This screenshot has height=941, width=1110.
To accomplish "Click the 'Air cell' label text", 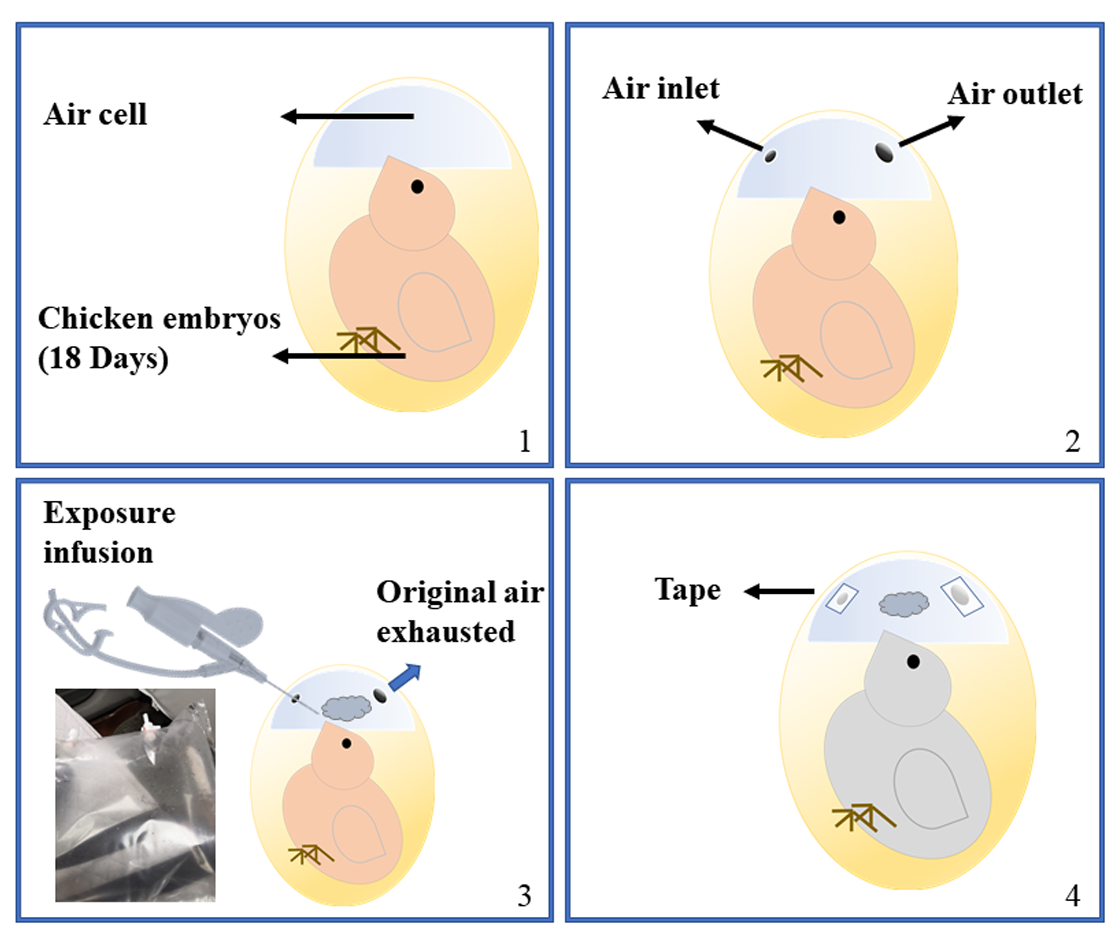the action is coord(95,114).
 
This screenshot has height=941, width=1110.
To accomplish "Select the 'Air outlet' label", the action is coord(1015,95).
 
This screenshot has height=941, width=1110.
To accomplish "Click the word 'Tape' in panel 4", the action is coord(688,590).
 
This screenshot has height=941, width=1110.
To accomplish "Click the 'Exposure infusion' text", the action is coord(110,532).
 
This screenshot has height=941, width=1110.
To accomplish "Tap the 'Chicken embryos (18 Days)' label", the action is coord(159,338).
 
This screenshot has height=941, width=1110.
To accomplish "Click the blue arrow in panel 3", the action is coord(405,677).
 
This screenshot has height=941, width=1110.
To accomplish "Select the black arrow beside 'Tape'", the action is coord(779,591).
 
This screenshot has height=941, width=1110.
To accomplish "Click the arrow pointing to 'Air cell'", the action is coord(347,116).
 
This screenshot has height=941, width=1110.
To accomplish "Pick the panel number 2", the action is coord(1072,442).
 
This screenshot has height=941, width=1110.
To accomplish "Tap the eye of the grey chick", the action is coord(914,662).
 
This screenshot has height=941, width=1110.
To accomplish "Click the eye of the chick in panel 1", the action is coord(417,187).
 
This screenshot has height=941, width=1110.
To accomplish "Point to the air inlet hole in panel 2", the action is coord(770,156).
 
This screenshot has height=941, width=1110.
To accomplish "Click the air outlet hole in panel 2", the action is coord(884,152).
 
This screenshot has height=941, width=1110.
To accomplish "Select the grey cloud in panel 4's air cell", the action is coord(904,604).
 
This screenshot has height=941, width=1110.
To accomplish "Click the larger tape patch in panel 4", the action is coord(961,596).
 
